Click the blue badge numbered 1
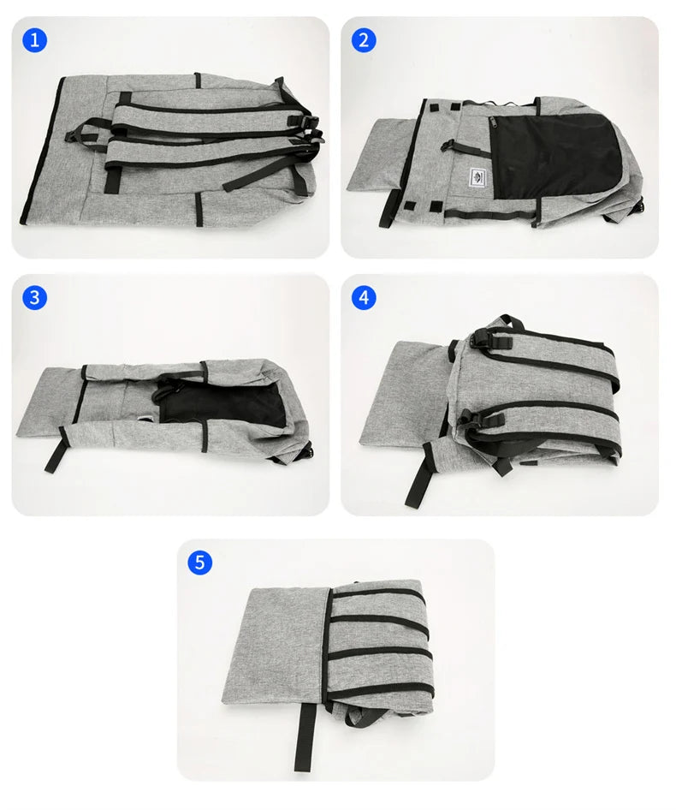34,40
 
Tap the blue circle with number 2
364,40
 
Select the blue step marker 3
34,297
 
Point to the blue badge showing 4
364,297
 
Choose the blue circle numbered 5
199,563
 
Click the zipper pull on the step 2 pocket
493,125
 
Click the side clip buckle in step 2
637,205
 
